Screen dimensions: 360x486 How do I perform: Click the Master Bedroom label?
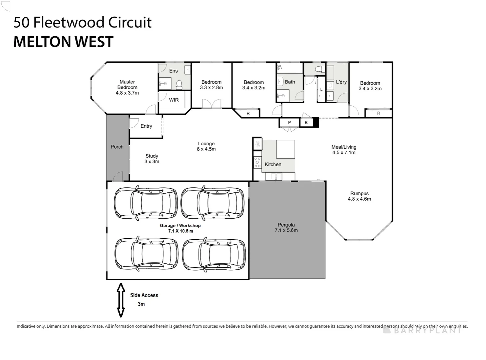(x=127, y=87)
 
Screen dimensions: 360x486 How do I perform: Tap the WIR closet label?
(x=174, y=100)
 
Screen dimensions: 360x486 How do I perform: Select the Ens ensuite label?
(x=173, y=71)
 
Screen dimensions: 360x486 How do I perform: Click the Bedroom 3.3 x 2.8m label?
(x=211, y=85)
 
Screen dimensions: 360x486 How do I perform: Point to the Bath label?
(x=290, y=82)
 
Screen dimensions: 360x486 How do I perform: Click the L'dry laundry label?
(x=341, y=82)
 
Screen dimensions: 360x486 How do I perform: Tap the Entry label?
(x=146, y=126)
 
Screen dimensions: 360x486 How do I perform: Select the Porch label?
(x=117, y=147)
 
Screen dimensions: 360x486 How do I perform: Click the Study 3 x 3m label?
(x=152, y=159)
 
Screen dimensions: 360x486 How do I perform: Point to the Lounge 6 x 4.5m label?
(x=206, y=146)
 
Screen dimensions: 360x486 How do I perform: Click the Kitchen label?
(x=273, y=164)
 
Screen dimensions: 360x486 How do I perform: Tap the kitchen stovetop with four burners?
(x=258, y=162)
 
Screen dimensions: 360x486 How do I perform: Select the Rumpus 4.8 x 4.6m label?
(x=359, y=196)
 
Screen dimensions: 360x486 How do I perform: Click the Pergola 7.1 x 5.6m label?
(x=286, y=228)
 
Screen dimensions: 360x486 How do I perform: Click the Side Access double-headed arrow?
(x=121, y=300)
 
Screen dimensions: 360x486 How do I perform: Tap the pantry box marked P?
(x=289, y=123)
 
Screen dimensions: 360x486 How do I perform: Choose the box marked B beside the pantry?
(x=306, y=123)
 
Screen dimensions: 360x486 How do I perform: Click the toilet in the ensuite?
(x=179, y=84)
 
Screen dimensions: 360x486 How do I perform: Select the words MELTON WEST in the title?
(x=63, y=42)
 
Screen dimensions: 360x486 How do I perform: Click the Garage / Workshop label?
(x=180, y=228)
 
